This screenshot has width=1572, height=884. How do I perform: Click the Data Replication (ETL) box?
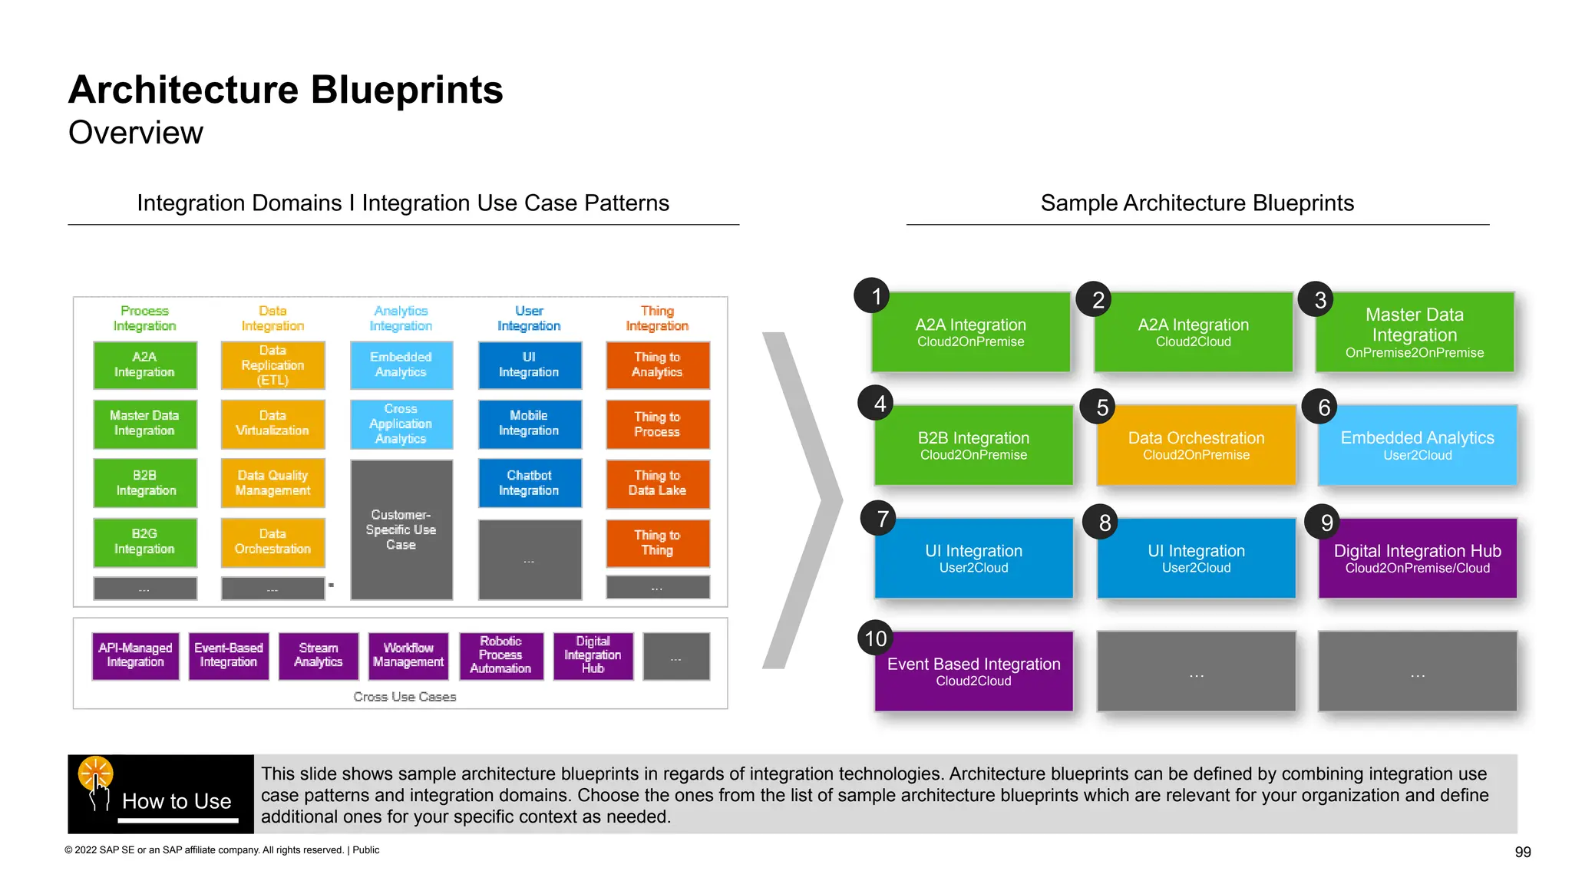[x=272, y=365]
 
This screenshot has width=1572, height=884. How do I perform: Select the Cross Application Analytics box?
[x=401, y=424]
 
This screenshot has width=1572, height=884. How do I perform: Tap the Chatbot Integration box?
[x=529, y=483]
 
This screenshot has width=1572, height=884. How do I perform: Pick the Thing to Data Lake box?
[x=657, y=483]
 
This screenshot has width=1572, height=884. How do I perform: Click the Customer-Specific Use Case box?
[x=401, y=529]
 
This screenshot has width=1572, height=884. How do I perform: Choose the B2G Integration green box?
[x=144, y=542]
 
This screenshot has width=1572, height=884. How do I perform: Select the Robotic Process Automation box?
[x=500, y=655]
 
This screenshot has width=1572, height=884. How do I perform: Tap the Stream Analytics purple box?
[x=318, y=655]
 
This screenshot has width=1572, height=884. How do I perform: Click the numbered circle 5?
[x=1101, y=407]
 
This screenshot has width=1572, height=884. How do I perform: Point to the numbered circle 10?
[x=876, y=638]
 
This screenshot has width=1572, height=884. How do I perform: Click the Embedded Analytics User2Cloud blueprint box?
[x=1417, y=445]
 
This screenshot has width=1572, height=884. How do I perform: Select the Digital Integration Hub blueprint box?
[x=1417, y=559]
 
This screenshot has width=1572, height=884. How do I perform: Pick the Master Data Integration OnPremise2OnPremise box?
[x=1414, y=332]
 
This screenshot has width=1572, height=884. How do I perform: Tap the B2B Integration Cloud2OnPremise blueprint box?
[x=973, y=445]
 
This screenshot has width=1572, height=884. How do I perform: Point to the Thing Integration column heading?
[x=657, y=318]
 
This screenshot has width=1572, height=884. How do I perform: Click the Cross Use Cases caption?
[x=405, y=697]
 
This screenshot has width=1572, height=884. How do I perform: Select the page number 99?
[x=1523, y=852]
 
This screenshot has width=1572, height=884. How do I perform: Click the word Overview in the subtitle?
[x=136, y=133]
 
